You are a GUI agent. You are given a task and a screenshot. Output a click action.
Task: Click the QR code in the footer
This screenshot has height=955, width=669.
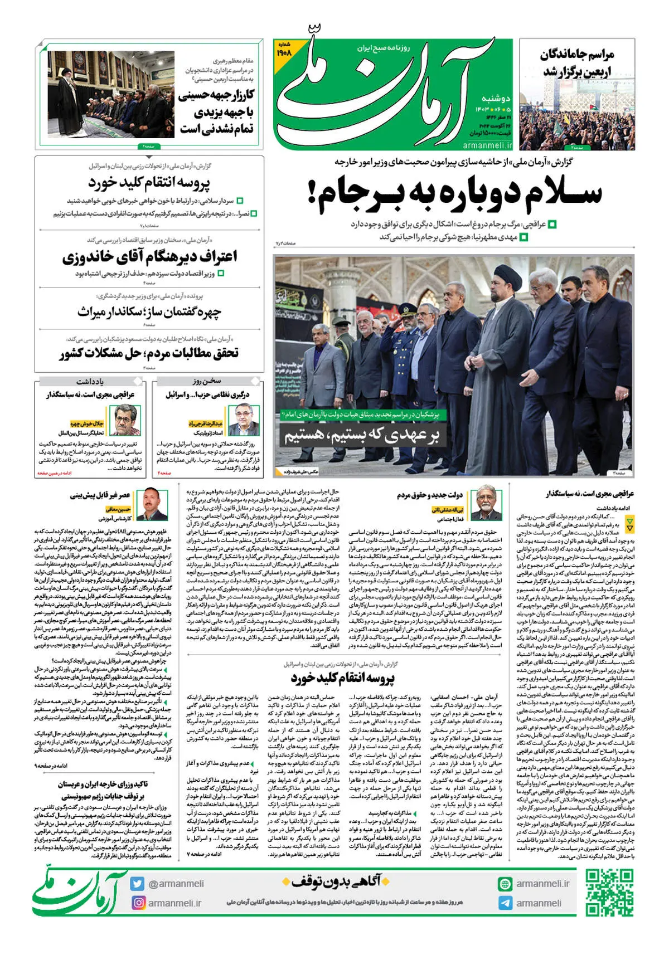pos(609,893)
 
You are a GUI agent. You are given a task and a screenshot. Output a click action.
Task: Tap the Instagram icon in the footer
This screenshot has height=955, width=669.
pos(138,902)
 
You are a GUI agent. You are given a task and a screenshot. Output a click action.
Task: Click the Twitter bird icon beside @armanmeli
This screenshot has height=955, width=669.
pos(138,883)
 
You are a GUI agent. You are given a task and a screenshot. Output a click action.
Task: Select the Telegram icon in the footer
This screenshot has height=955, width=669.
pos(505,903)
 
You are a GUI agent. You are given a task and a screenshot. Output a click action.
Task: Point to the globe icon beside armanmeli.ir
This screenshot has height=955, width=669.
pos(505,884)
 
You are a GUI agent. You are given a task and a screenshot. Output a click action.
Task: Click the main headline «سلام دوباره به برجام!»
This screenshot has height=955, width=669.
pos(454,193)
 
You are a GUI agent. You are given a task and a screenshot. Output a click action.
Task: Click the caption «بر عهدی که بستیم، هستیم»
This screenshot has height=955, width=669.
pos(362,435)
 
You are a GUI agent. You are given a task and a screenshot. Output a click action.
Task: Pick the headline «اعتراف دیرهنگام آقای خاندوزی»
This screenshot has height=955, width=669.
pos(149,256)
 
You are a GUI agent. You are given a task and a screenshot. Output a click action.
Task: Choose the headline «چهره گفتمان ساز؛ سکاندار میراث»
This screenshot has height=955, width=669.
pos(149,312)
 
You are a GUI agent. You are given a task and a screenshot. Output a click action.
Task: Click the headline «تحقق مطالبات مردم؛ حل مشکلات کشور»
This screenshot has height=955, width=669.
pos(149,353)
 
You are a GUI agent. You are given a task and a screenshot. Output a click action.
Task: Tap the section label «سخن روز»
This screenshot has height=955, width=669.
pos(207,381)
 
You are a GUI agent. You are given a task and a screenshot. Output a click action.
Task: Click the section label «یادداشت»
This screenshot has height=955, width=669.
pos(90,381)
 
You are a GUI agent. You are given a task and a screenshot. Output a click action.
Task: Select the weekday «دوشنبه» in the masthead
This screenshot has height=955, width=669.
pos(496,98)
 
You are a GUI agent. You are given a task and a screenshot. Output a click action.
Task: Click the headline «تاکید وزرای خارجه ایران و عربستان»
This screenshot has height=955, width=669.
pos(103,784)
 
